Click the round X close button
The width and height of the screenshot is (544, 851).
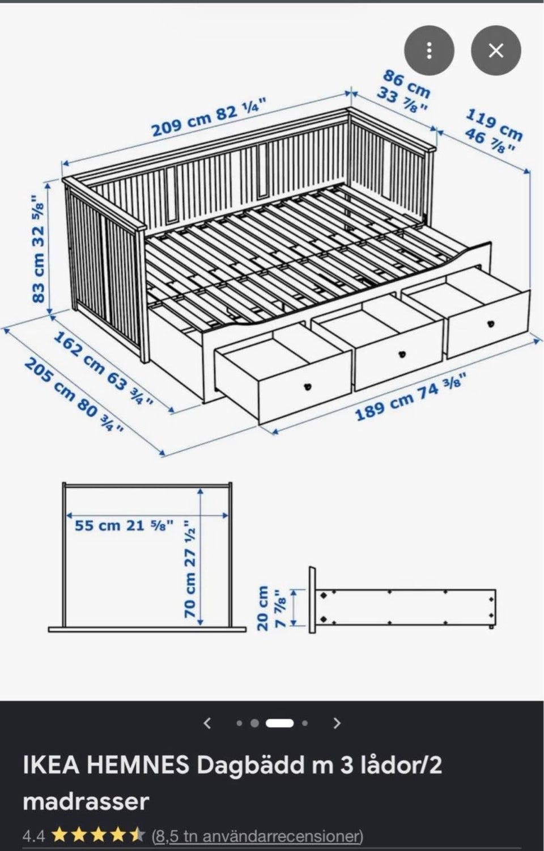(496, 50)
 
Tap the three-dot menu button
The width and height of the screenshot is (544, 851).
(429, 50)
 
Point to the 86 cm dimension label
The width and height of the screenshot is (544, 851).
(406, 83)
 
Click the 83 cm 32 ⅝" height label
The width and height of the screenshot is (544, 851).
(39, 249)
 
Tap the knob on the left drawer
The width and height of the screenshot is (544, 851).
(307, 386)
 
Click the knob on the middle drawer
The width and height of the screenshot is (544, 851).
(402, 355)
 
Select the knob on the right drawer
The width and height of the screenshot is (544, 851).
(492, 324)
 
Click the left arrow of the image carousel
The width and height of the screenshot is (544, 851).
(207, 723)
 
